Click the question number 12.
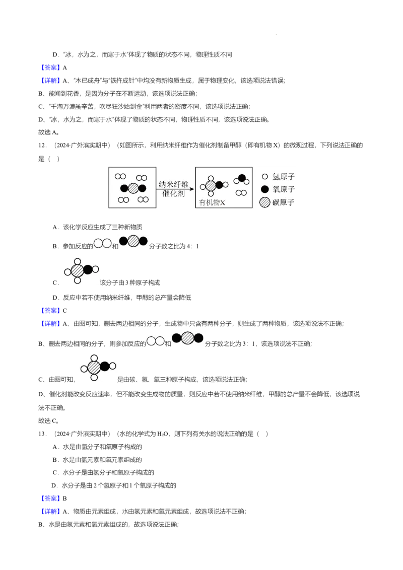(x=42, y=146)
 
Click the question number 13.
(x=42, y=434)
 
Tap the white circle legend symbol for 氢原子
(x=265, y=177)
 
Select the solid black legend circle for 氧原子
(x=265, y=189)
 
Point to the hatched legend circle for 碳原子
(x=265, y=202)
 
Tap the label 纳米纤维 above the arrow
(x=173, y=184)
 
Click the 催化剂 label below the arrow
(x=173, y=193)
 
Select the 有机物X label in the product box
(x=212, y=202)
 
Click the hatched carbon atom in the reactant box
(x=133, y=188)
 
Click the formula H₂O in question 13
(x=162, y=434)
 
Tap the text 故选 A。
(x=49, y=132)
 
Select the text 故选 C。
(x=49, y=420)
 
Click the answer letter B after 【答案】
(x=65, y=498)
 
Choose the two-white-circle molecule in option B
(x=103, y=243)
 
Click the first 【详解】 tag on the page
(x=50, y=81)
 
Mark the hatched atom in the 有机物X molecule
(x=211, y=186)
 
